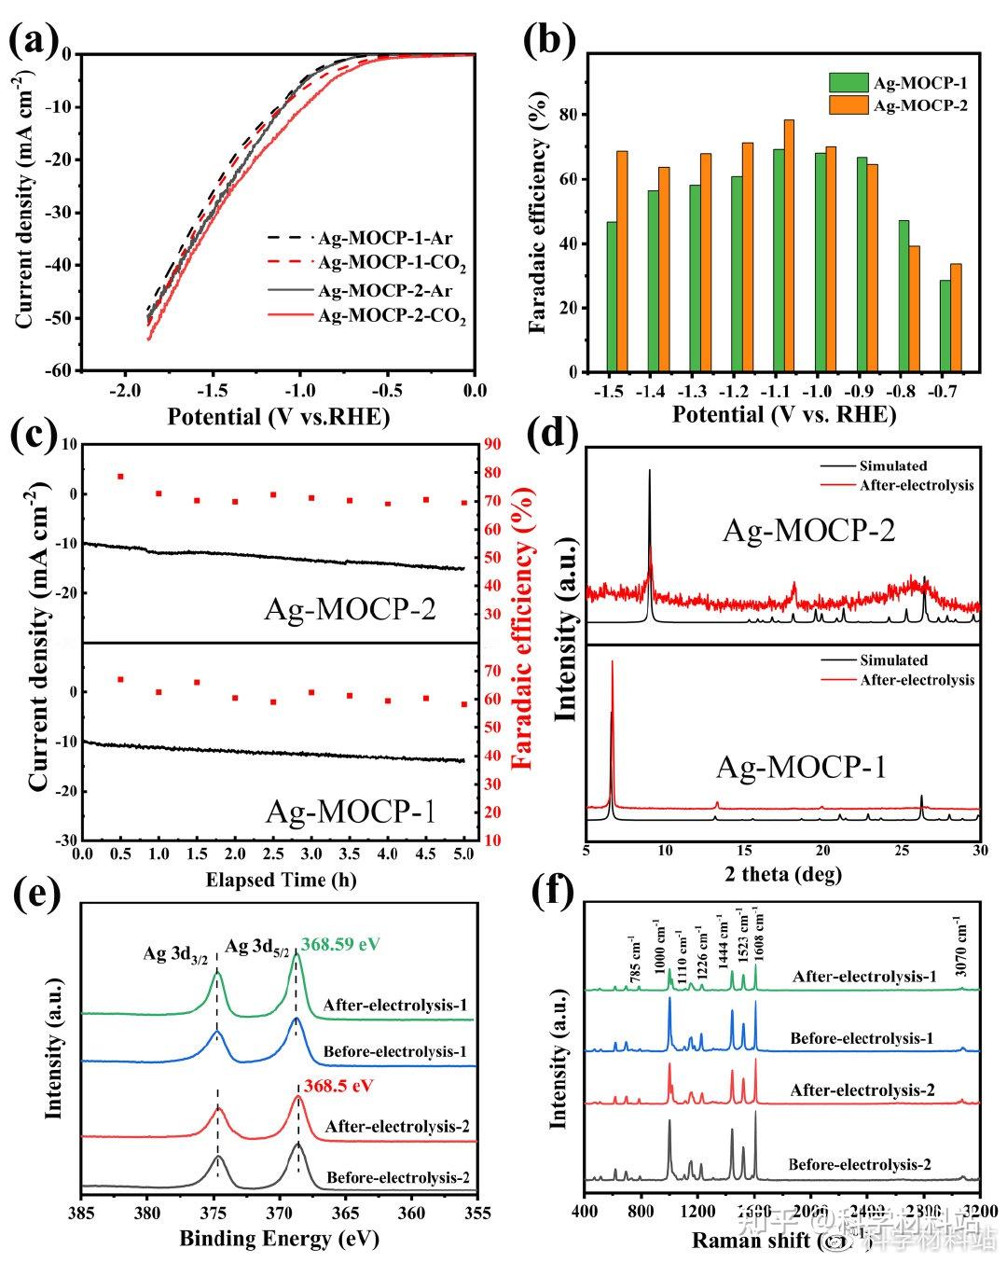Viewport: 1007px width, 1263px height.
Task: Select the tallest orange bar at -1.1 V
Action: click(x=789, y=245)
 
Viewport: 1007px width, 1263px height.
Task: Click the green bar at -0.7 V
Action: click(x=945, y=326)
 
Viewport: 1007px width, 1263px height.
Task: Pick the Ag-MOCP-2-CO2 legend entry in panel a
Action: click(x=392, y=316)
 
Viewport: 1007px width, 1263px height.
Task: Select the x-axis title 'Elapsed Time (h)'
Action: click(x=281, y=880)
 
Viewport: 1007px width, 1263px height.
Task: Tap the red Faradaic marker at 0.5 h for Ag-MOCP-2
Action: click(x=120, y=477)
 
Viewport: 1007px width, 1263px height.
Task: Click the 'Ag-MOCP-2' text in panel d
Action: click(x=809, y=531)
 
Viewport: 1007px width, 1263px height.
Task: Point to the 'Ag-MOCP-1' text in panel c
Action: click(x=351, y=812)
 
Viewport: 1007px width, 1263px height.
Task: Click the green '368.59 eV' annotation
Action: click(x=340, y=944)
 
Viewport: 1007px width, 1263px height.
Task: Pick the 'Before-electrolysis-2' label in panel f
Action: click(x=859, y=1164)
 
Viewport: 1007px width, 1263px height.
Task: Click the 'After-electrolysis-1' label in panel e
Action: click(x=395, y=1006)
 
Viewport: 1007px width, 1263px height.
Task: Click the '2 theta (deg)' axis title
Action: click(x=782, y=874)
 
